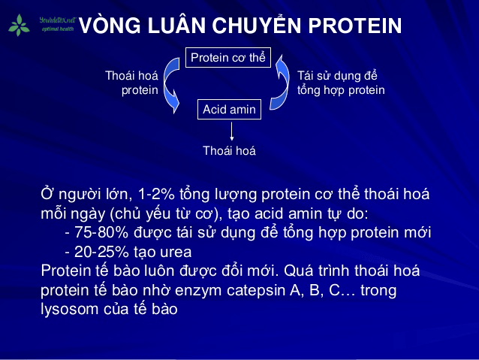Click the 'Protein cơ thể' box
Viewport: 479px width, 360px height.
(x=227, y=57)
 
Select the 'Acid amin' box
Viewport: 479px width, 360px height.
(x=229, y=109)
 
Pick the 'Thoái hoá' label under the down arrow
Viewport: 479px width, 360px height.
(x=229, y=150)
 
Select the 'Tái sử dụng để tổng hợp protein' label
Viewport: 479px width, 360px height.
(x=341, y=83)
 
